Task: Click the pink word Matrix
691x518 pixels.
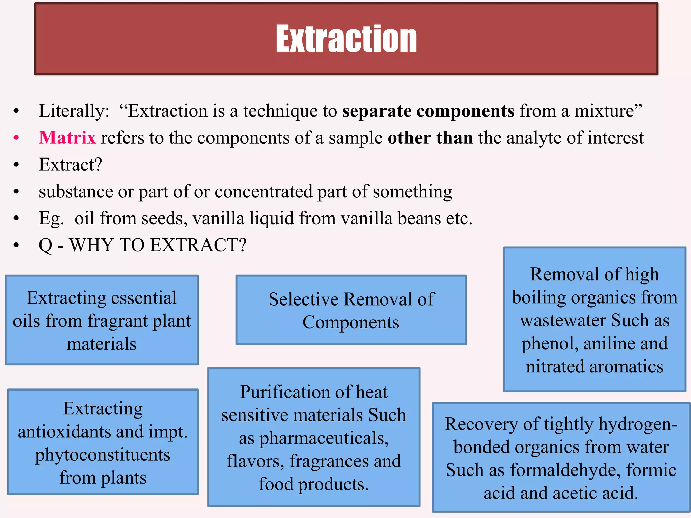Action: coord(67,138)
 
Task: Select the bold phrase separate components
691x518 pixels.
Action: coord(428,111)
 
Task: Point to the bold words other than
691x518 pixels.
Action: coord(430,138)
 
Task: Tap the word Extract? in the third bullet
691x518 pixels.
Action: coord(70,165)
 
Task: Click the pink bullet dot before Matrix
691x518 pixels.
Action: coord(16,138)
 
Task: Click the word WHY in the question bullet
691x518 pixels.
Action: coord(91,245)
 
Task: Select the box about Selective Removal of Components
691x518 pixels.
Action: coord(351,310)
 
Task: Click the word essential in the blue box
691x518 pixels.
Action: coord(144,298)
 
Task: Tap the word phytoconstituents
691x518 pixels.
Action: coord(103,455)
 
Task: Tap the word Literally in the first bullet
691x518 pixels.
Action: coord(72,111)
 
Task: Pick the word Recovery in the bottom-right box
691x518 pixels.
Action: coord(481,424)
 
